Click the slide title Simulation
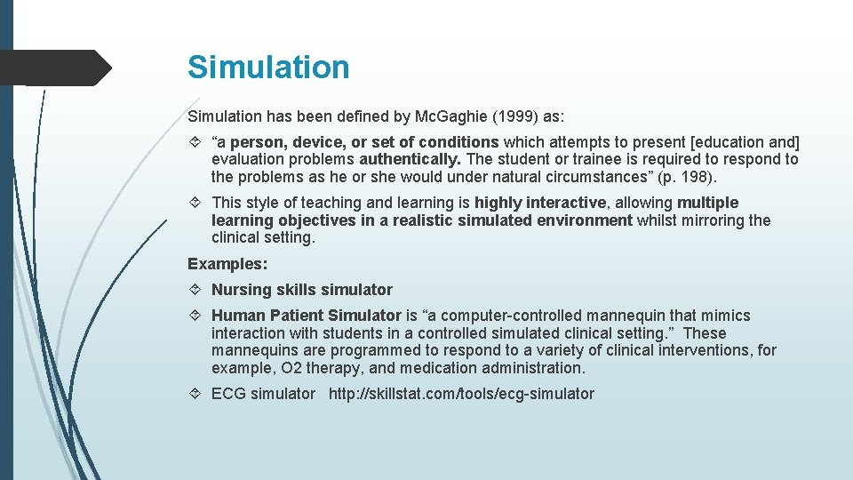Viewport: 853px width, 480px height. click(268, 68)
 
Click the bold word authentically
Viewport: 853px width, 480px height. click(410, 160)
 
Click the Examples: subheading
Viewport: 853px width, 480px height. click(227, 264)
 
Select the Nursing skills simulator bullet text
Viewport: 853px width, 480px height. click(301, 290)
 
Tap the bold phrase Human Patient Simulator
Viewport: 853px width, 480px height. click(306, 316)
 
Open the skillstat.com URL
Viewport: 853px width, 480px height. click(461, 394)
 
